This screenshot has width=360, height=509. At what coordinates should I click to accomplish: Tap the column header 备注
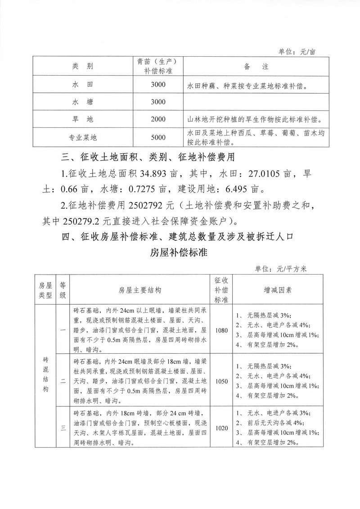256,67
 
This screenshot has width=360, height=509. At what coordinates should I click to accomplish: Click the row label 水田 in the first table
82,85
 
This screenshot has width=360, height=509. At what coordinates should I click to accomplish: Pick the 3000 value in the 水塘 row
158,102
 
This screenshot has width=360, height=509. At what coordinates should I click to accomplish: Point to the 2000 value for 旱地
158,119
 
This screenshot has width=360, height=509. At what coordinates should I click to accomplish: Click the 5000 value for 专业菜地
158,137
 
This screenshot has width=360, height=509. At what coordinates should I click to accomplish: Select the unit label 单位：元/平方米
280,269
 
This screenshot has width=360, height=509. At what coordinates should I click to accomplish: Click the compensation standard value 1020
221,428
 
